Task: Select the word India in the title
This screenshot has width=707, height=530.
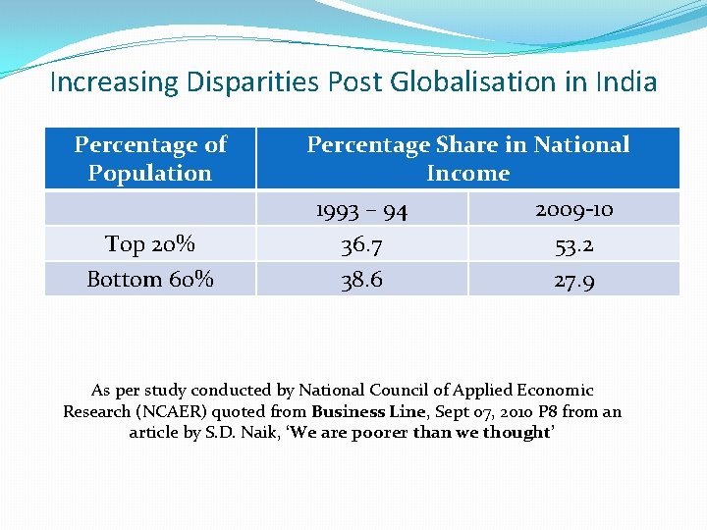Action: coord(625,81)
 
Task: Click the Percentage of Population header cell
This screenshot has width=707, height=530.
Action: coord(150,158)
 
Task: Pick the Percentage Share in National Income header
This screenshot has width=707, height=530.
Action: coord(468,158)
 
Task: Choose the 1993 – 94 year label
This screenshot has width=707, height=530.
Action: coord(361,210)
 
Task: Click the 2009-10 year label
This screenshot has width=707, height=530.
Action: coord(574,209)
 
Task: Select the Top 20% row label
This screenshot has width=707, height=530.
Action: coord(150,243)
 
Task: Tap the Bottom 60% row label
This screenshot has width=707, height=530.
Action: coord(150,279)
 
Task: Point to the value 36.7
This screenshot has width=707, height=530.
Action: coord(361,244)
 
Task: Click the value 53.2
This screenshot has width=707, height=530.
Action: coord(574,244)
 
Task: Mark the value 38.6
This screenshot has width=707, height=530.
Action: coord(361,280)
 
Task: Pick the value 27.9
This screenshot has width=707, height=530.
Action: coord(574,281)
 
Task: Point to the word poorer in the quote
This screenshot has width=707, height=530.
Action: coord(379,433)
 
